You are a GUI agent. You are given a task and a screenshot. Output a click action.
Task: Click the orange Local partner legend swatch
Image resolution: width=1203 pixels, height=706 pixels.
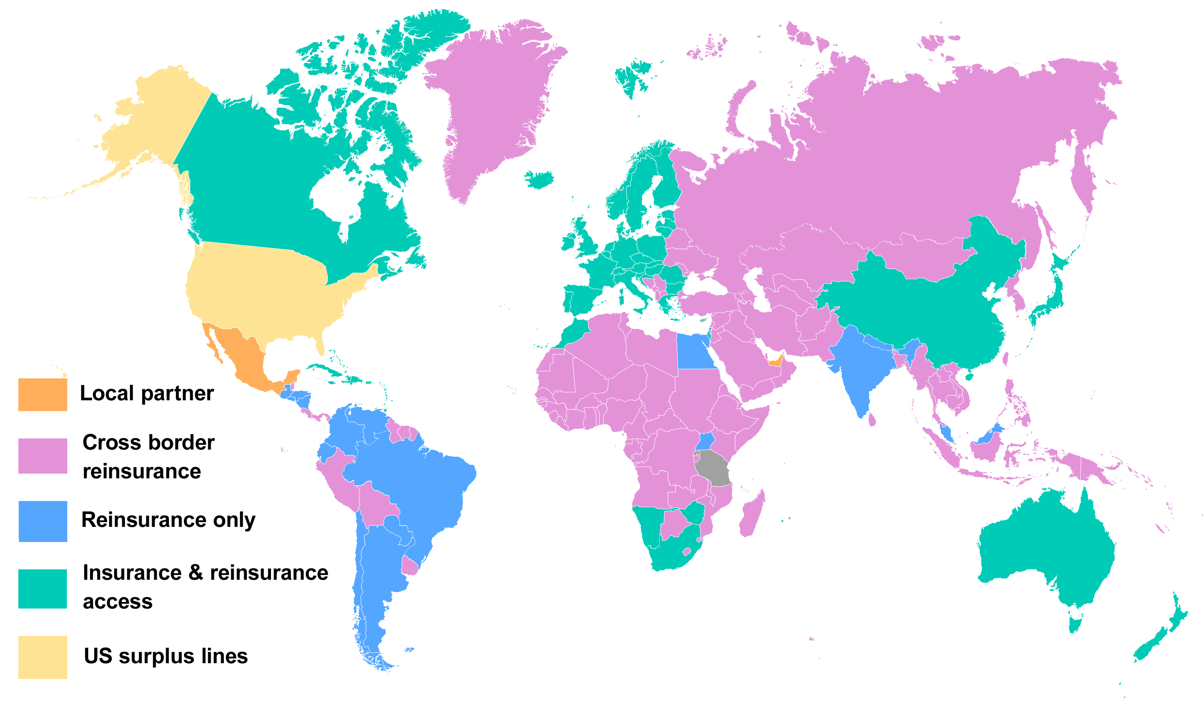pos(42,394)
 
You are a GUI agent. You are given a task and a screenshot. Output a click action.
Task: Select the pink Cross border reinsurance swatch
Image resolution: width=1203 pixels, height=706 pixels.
pos(42,456)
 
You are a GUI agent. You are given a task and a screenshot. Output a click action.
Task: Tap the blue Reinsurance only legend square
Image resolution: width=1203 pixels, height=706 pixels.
pos(42,521)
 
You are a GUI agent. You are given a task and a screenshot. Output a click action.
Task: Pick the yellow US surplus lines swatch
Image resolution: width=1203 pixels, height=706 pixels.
pos(42,657)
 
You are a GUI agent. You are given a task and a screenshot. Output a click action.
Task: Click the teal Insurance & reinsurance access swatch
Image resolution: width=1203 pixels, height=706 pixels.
pos(42,588)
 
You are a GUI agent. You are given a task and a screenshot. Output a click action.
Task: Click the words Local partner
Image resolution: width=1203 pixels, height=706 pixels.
pos(147,393)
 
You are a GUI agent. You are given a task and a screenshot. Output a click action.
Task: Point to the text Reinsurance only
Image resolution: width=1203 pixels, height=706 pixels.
pos(168,520)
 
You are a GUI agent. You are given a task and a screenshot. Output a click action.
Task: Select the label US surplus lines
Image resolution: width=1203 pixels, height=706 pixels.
pos(166,656)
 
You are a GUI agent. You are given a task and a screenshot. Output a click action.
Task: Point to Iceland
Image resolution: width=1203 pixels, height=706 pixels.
pos(539,179)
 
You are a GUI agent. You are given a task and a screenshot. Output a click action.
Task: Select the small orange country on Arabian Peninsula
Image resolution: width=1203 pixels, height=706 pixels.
pos(776,360)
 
